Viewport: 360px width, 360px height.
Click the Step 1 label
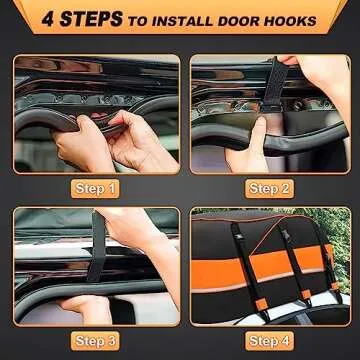[x=97, y=187]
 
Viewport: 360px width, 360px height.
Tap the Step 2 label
[x=269, y=187]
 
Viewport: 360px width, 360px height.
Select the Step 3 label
[x=97, y=341]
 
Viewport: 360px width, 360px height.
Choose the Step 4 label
[x=269, y=341]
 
